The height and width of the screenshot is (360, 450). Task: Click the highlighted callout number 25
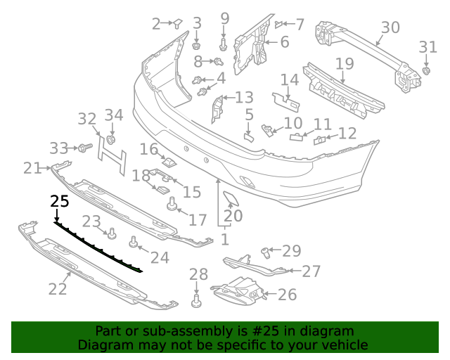point(60,201)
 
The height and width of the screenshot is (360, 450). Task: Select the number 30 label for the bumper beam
point(390,27)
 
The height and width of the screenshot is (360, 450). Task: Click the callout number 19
point(344,64)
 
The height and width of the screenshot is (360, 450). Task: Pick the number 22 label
point(58,288)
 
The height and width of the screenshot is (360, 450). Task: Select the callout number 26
point(287,295)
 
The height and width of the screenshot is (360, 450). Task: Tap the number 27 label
point(311,271)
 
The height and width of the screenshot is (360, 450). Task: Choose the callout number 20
point(233,216)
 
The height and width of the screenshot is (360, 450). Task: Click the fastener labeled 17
point(170,205)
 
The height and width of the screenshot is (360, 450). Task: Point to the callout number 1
point(224,240)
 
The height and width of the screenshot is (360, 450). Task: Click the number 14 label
point(290,79)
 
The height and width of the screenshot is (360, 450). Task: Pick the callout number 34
point(114,115)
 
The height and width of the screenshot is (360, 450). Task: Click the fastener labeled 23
point(110,233)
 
